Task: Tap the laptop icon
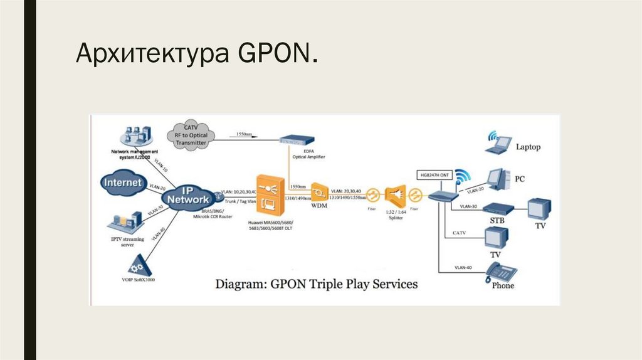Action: [x=500, y=144]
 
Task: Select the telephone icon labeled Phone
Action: [x=502, y=272]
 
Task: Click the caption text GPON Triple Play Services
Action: [x=317, y=283]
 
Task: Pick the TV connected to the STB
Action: [x=539, y=210]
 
